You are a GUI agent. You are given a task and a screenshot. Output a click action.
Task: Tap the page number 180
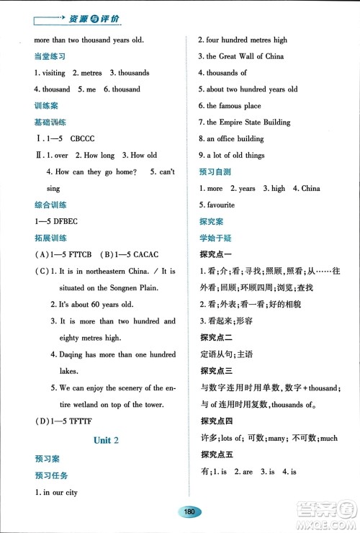point(190,511)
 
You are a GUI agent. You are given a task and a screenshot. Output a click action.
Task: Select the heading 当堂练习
point(48,57)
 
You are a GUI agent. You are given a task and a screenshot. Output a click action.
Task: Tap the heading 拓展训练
point(48,238)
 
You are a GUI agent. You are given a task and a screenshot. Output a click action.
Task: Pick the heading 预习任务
point(48,475)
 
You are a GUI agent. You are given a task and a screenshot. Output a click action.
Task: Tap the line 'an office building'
point(235,139)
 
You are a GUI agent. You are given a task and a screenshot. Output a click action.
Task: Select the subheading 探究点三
point(215,372)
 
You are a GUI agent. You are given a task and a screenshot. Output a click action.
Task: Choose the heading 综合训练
point(48,205)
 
